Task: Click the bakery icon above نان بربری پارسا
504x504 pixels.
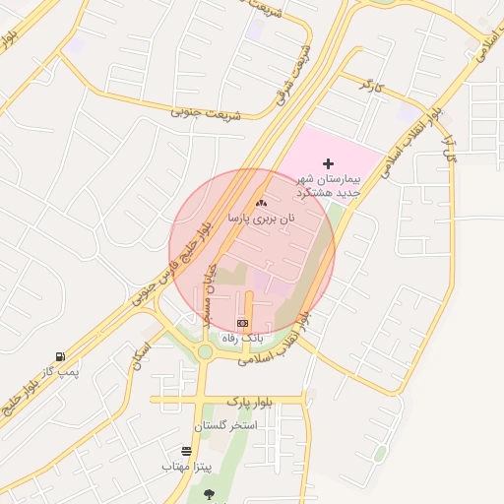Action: point(261,203)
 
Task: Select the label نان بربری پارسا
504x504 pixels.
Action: point(261,219)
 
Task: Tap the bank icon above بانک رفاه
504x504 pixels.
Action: point(243,323)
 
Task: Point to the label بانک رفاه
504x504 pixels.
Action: point(242,339)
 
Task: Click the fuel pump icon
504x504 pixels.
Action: point(61,356)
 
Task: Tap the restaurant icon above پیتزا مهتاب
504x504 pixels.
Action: point(186,450)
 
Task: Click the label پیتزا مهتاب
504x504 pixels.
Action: point(186,466)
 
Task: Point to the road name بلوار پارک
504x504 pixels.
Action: point(248,402)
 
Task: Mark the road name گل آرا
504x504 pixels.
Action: point(452,145)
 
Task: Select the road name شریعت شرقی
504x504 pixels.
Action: point(291,75)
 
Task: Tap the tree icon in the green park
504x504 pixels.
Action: point(208,493)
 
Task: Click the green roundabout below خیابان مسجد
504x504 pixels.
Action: point(205,351)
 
